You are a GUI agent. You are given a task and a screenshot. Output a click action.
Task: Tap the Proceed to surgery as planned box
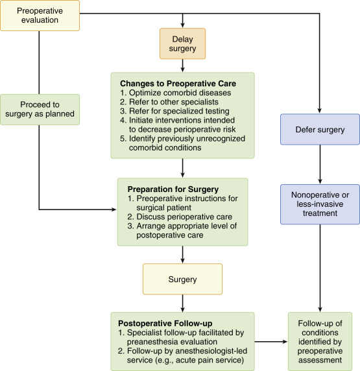coord(40,110)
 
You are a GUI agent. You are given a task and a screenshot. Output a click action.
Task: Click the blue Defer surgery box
coord(320,129)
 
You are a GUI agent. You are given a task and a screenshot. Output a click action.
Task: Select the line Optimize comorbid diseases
coord(174,93)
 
